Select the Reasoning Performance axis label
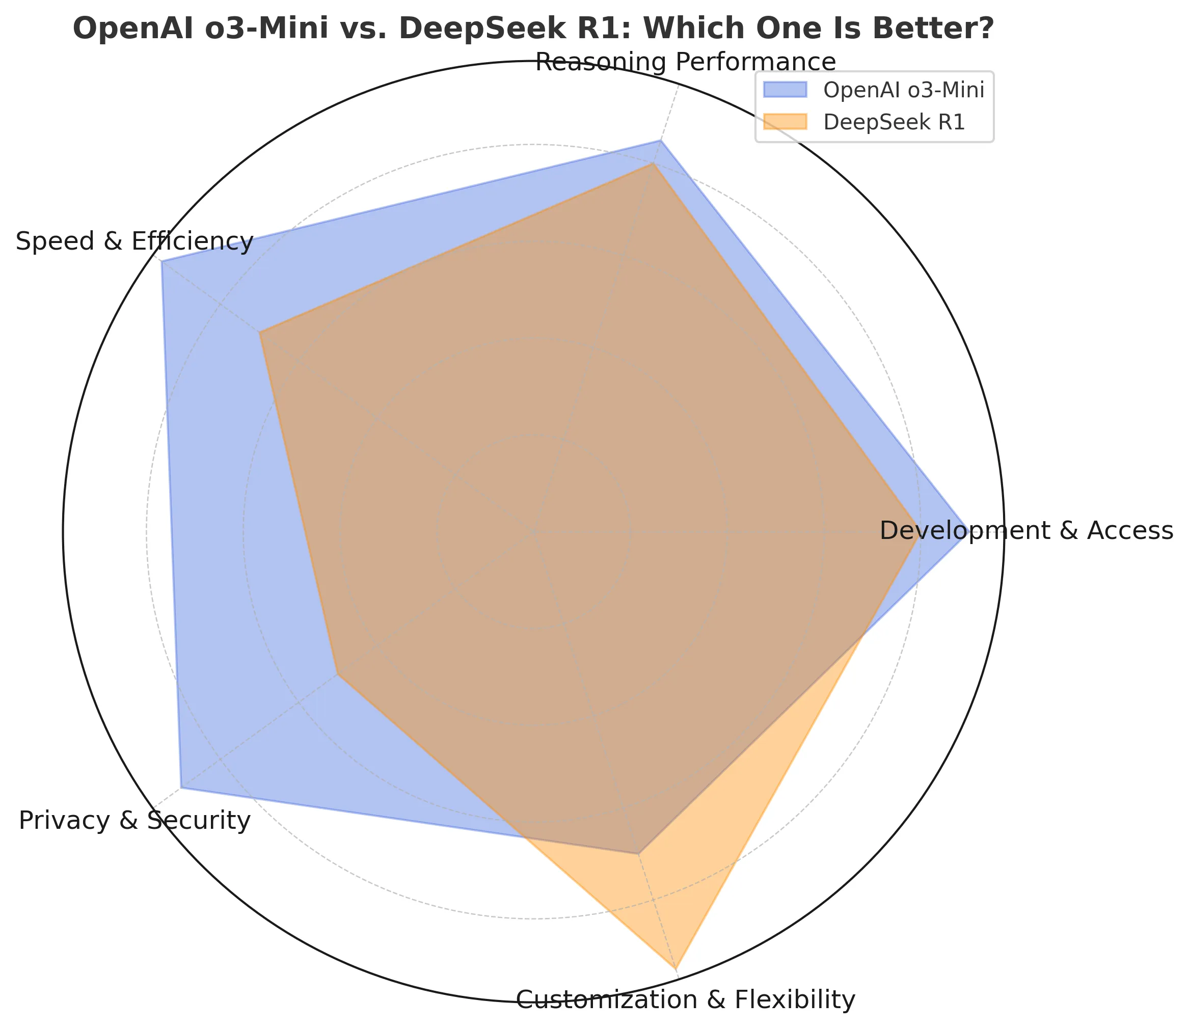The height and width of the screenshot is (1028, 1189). click(x=685, y=62)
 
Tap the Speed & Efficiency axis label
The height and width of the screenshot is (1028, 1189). click(x=134, y=241)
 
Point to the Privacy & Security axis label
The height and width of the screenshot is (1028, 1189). click(x=134, y=821)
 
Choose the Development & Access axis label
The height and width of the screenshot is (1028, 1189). click(x=1026, y=531)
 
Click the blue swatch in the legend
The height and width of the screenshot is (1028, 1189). click(x=785, y=90)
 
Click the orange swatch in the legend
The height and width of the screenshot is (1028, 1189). click(x=785, y=122)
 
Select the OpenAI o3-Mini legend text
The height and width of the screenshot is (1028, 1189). click(x=903, y=90)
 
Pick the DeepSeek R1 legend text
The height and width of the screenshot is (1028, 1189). click(x=894, y=122)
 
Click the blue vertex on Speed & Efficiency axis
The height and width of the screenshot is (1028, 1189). click(x=163, y=262)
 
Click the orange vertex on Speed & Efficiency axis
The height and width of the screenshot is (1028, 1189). click(x=260, y=333)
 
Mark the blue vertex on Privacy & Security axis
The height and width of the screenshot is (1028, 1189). click(x=181, y=788)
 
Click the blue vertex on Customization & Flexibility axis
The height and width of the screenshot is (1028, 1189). click(x=638, y=853)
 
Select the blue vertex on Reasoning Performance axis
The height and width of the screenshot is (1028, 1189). click(x=661, y=140)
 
